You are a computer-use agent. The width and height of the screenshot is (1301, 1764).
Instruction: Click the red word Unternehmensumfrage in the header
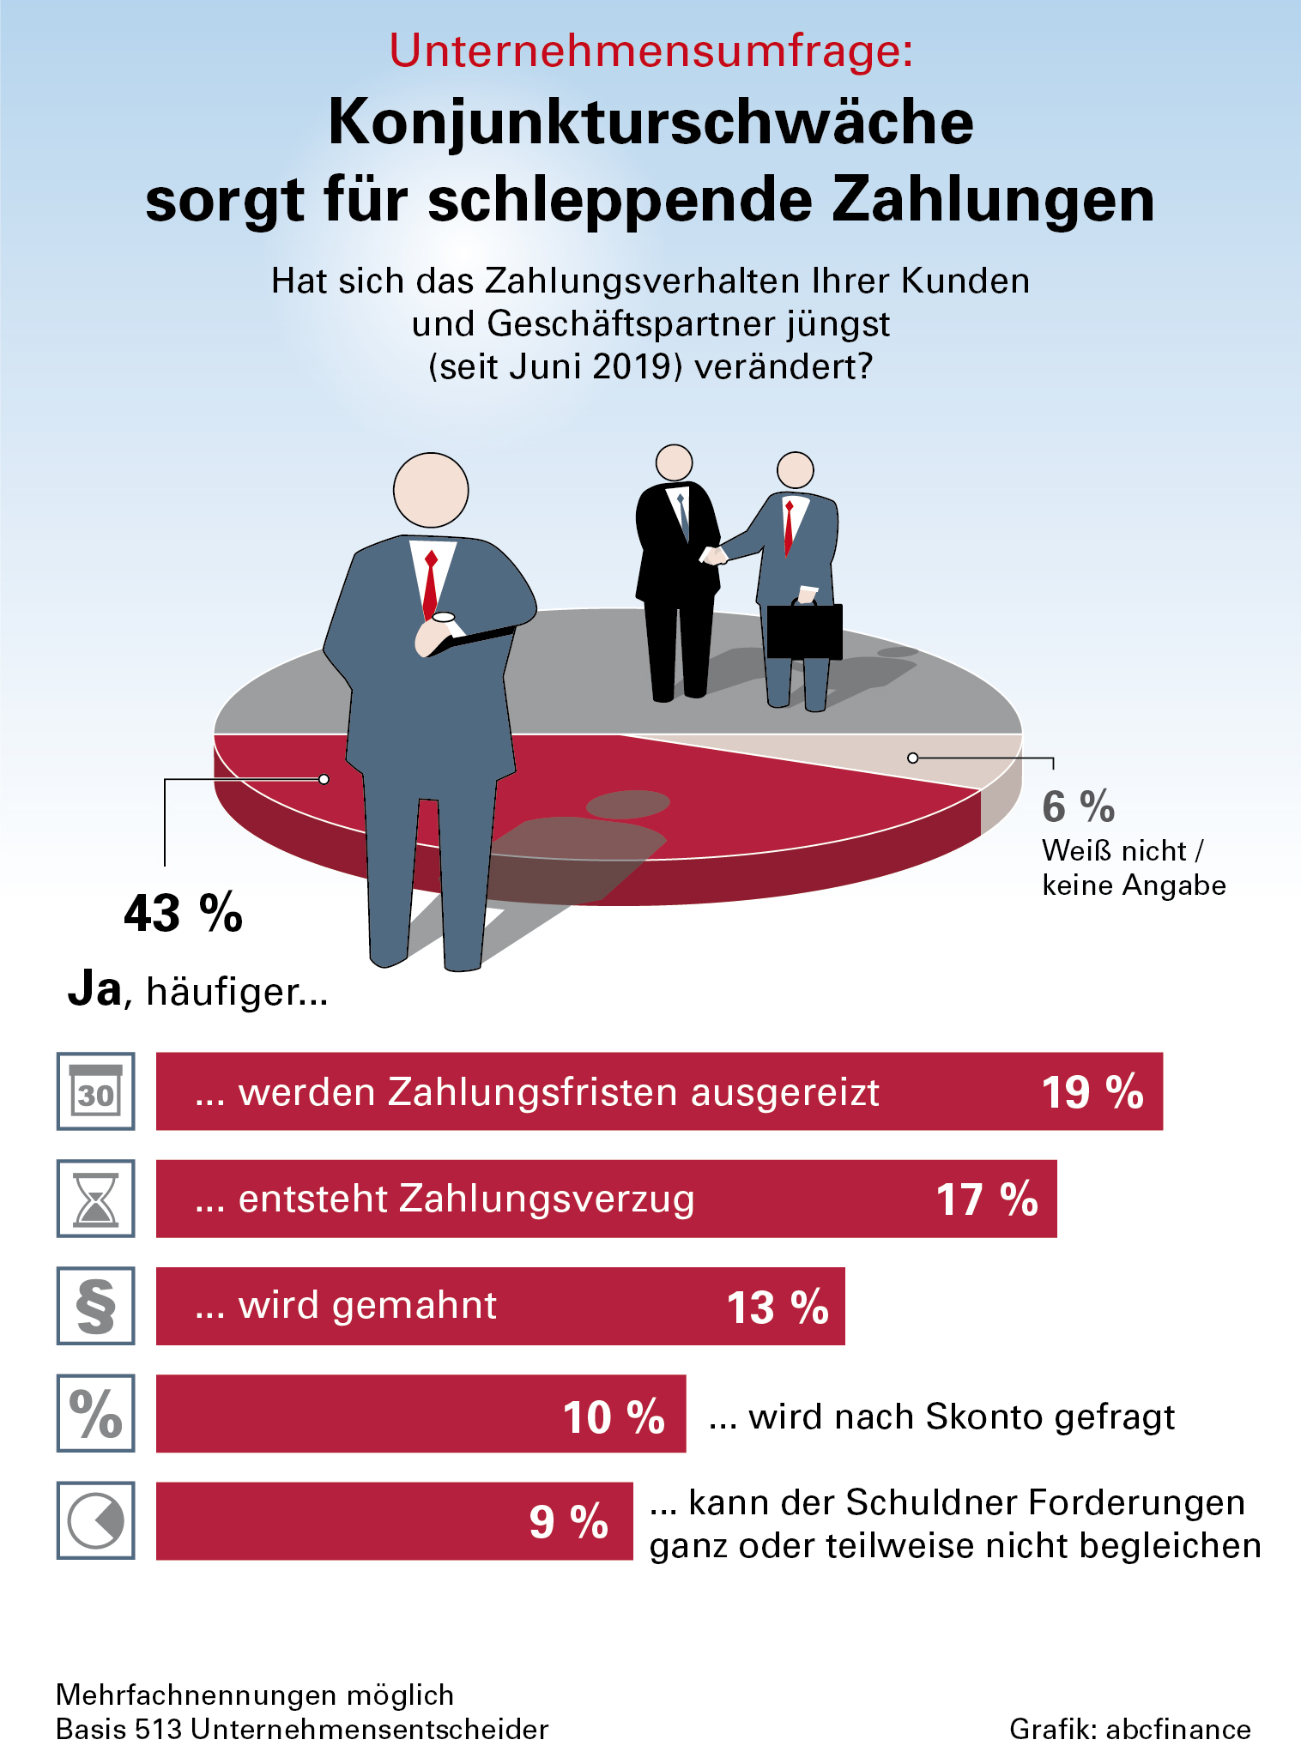[x=650, y=51]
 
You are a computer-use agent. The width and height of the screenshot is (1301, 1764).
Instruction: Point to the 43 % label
[x=183, y=913]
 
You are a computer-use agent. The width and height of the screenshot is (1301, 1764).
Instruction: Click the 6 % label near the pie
[x=1078, y=807]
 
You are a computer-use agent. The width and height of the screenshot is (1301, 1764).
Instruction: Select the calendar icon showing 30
[x=96, y=1091]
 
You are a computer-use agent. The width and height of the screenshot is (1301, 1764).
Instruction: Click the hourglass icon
[x=96, y=1199]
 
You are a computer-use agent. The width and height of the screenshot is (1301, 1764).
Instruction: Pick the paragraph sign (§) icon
[x=96, y=1306]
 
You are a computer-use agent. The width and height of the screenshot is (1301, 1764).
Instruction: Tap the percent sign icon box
[x=96, y=1413]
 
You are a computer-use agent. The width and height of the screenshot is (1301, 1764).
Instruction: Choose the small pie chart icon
[x=96, y=1520]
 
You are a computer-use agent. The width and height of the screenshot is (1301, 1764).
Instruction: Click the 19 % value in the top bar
[x=1092, y=1092]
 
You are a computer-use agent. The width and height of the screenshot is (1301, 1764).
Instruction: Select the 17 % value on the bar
[x=986, y=1199]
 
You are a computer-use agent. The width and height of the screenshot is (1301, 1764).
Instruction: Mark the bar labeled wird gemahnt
[x=500, y=1306]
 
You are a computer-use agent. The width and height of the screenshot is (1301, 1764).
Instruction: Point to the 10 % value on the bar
[x=614, y=1417]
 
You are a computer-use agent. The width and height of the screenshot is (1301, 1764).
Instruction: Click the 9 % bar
[x=394, y=1520]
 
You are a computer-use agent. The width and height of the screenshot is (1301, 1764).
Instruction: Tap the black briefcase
[x=804, y=631]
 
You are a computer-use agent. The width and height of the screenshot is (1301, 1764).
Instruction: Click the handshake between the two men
[x=713, y=555]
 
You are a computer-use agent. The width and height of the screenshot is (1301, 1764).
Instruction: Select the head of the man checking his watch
[x=431, y=490]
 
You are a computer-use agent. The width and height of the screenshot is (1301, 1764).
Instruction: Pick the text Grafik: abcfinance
[x=1129, y=1729]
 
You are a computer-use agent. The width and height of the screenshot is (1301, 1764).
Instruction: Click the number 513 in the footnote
[x=159, y=1729]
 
